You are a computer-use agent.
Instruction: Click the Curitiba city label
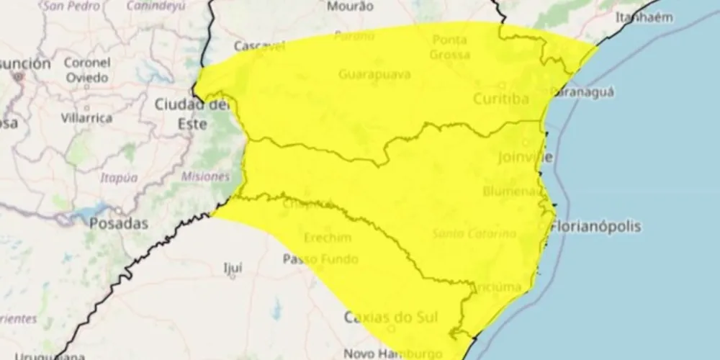tap(501, 99)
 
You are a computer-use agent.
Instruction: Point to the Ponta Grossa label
tap(450, 48)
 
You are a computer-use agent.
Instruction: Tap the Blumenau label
tap(512, 191)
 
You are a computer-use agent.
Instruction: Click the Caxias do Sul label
tap(392, 316)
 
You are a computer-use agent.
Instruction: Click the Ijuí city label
tap(233, 268)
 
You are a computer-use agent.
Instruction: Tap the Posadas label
tap(119, 223)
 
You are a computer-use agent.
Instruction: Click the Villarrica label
tap(86, 117)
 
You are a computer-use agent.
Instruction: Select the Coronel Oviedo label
tap(86, 71)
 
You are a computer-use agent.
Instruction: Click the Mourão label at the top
tap(350, 7)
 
